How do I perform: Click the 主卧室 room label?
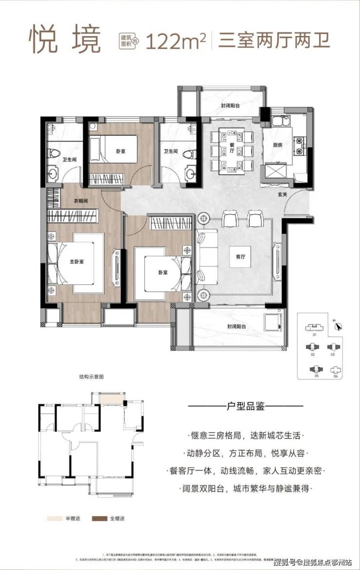[77, 262]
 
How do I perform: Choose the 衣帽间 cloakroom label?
[81, 200]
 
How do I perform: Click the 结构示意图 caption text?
[92, 376]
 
